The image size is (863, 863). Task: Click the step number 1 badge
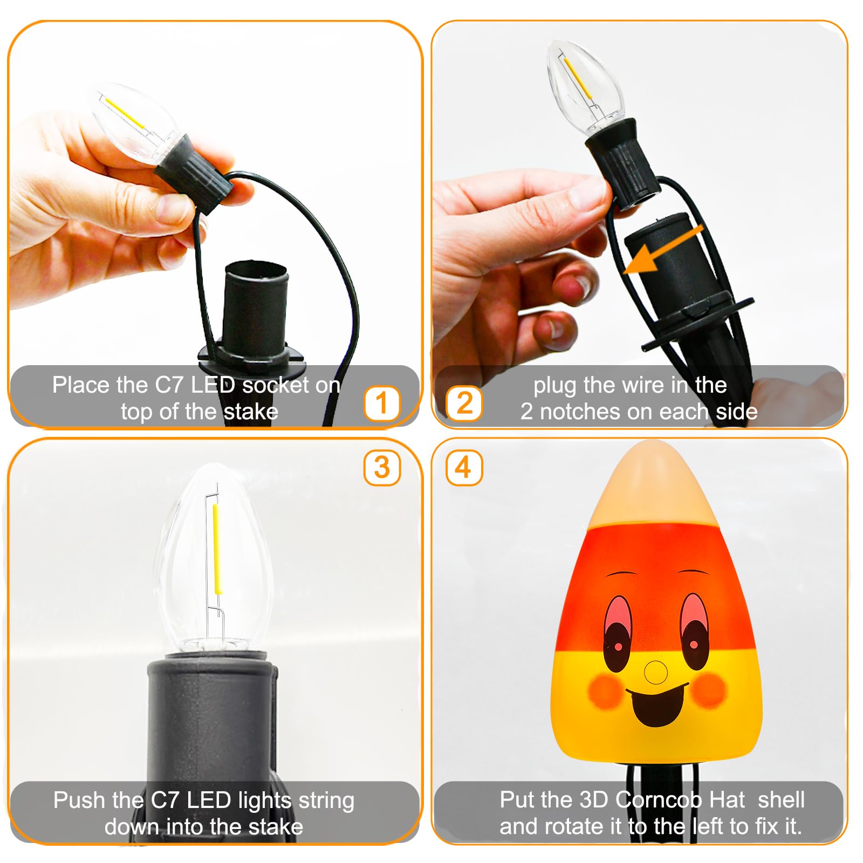coord(382,403)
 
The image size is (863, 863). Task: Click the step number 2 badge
coord(464,403)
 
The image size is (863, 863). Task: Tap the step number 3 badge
coord(382,468)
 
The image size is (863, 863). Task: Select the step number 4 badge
coord(464,468)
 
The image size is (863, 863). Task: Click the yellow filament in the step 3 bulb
coord(217,548)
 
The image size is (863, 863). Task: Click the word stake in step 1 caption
coord(251,412)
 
